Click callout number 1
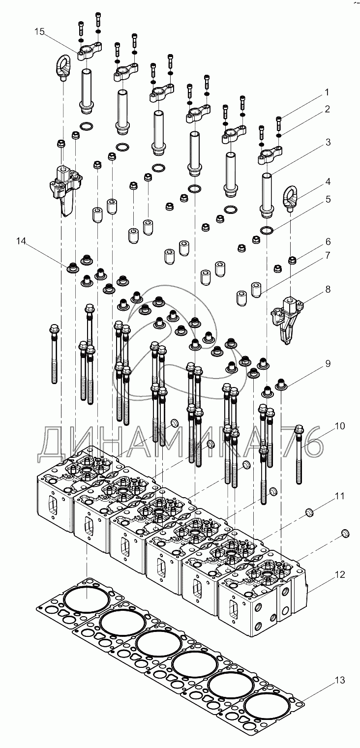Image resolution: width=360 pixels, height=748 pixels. (327, 91)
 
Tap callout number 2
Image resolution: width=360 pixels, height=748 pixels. (327, 109)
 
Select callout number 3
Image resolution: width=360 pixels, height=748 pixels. (328, 142)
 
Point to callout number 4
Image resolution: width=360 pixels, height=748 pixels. (328, 181)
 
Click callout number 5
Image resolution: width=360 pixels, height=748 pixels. (328, 199)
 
